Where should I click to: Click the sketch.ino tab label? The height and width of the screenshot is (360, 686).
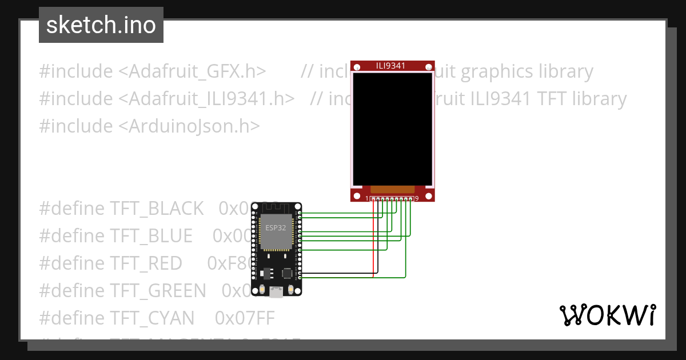(101, 25)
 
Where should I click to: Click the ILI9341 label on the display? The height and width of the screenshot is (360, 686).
(391, 66)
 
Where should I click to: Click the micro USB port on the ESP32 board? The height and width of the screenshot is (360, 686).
(276, 293)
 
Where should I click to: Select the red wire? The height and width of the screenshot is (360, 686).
(374, 240)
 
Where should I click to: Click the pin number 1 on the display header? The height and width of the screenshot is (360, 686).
(367, 198)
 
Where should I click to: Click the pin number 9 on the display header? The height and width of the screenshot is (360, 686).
(417, 198)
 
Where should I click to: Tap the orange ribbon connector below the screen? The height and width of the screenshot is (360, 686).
(392, 189)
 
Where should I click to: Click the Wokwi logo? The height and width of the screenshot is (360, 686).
(607, 315)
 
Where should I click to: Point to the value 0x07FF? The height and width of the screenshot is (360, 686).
(245, 318)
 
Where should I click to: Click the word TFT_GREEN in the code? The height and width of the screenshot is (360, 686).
(157, 290)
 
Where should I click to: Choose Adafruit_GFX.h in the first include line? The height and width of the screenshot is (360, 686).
(198, 71)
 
